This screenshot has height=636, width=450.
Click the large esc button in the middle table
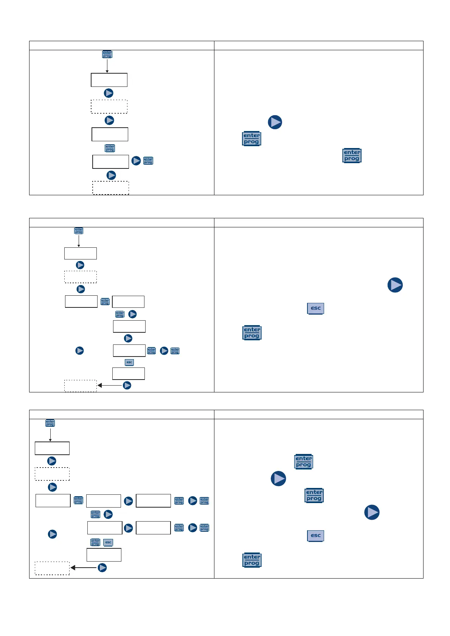click(x=315, y=309)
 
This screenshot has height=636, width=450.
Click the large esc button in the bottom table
click(x=315, y=536)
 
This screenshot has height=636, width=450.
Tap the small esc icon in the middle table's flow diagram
click(x=129, y=362)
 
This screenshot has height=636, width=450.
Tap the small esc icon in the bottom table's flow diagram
click(x=108, y=542)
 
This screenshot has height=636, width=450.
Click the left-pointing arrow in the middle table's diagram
click(x=110, y=385)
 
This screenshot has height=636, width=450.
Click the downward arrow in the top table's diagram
click(x=107, y=66)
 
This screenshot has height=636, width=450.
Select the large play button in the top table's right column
click(x=275, y=122)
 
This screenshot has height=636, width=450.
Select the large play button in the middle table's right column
click(x=395, y=285)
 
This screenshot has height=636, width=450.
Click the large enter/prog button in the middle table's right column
click(x=252, y=333)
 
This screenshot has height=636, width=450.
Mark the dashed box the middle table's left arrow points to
click(x=81, y=386)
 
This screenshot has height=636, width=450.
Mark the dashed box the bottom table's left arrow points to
click(x=52, y=568)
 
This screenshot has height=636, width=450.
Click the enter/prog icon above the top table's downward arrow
click(x=107, y=54)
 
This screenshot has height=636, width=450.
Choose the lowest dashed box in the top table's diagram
click(x=111, y=188)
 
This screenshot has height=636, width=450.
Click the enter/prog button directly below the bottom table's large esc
click(x=252, y=560)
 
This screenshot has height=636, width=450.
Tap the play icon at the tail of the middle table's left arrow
click(x=127, y=385)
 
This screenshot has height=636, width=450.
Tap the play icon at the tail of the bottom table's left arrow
click(x=102, y=568)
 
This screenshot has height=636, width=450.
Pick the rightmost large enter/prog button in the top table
click(x=352, y=156)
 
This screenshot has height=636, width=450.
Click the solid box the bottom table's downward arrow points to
click(x=52, y=448)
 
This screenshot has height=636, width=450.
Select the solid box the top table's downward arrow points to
click(x=109, y=80)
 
